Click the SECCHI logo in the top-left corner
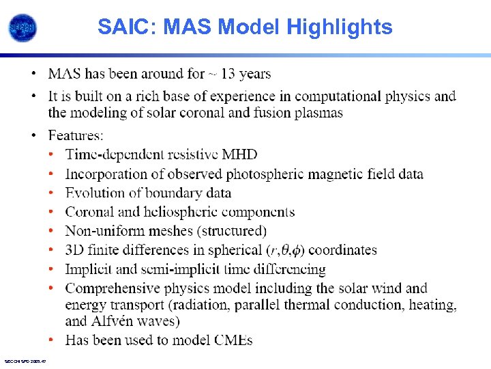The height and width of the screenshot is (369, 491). (23, 27)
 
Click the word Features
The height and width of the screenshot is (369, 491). (76, 136)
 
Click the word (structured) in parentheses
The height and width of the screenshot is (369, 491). (230, 231)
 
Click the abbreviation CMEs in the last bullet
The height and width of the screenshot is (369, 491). (231, 340)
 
